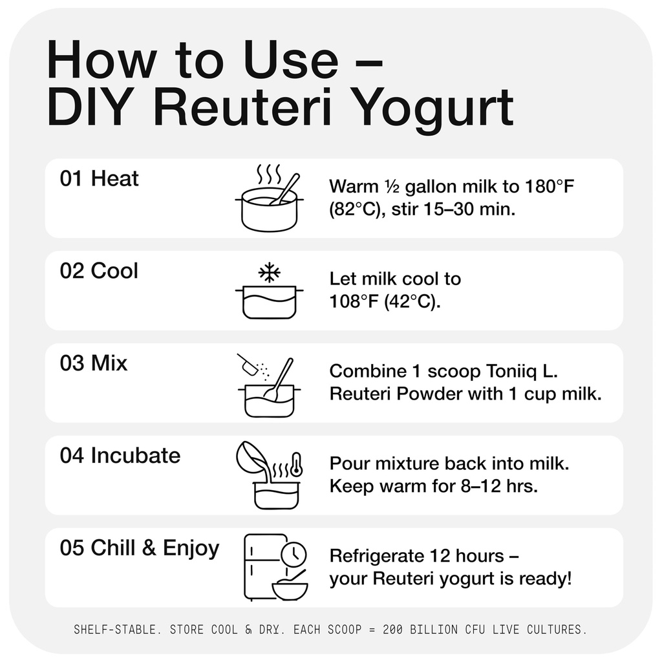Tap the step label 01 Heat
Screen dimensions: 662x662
tap(99, 178)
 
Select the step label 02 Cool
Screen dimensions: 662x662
tap(99, 271)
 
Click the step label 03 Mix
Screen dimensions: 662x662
tap(93, 363)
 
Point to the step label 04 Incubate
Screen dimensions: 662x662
tap(120, 456)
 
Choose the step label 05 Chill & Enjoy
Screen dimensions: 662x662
tap(140, 549)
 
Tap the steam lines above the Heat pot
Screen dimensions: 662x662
tap(269, 174)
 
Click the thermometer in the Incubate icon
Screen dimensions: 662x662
tap(297, 465)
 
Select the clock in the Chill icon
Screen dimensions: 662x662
tap(294, 555)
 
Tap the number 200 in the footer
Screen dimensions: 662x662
tap(392, 630)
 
